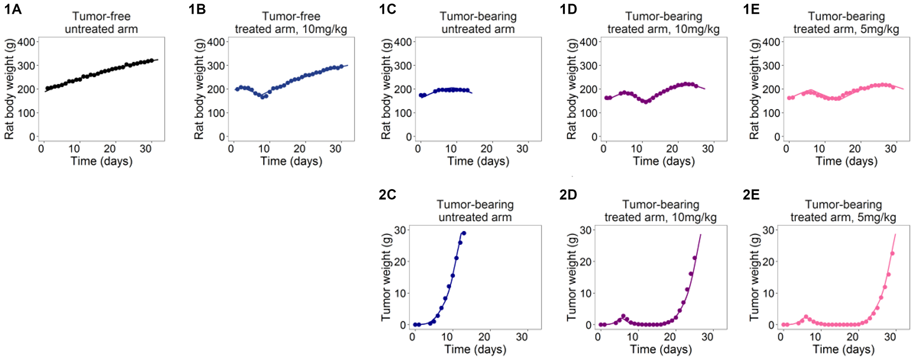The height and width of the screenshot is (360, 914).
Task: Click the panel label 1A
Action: pos(13,9)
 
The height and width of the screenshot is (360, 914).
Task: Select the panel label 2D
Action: pos(569,195)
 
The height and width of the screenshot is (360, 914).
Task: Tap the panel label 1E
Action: pos(751,9)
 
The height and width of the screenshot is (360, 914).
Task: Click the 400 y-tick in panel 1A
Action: pos(26,42)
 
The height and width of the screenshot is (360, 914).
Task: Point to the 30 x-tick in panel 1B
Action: pos(335,149)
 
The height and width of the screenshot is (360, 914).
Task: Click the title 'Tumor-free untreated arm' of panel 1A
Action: pos(101,23)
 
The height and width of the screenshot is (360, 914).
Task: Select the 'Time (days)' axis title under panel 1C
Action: pos(478,161)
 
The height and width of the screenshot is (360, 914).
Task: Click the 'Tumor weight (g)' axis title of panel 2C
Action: pos(386,277)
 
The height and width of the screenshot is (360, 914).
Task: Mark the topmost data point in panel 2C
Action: pos(464,233)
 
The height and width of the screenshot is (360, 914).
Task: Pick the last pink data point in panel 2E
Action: pos(892,254)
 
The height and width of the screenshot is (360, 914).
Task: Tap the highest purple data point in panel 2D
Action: pos(695,258)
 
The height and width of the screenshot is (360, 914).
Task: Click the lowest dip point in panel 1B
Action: pos(263,97)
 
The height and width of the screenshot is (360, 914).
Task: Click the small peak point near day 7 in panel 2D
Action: pos(623,316)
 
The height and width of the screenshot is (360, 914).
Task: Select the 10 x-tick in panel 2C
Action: pos(447,337)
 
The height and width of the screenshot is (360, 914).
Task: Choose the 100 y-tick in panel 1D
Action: pos(589,113)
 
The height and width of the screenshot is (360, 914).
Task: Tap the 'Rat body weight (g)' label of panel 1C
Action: pos(386,89)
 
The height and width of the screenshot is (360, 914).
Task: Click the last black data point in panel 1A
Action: pos(152,60)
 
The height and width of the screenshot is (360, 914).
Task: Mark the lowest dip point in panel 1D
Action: pos(646,102)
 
